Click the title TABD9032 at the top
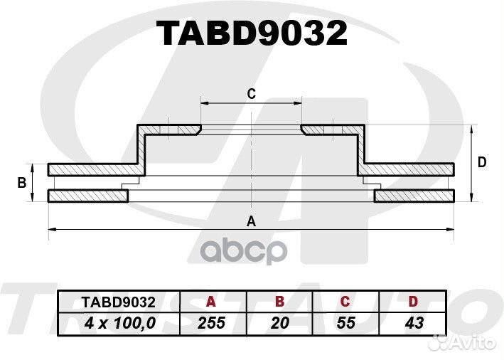point(252,33)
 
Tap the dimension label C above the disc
point(251,93)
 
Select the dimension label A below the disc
point(250,221)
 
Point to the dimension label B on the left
point(21,183)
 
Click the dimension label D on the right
point(482,163)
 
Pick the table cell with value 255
point(212,322)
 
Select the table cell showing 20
point(280,322)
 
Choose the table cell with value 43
point(413,322)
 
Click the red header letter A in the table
point(212,301)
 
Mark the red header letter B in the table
point(280,301)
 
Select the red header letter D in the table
point(413,301)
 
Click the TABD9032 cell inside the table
point(119,301)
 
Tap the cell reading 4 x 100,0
point(119,322)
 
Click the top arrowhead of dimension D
point(473,129)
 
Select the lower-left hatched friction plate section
point(87,196)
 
